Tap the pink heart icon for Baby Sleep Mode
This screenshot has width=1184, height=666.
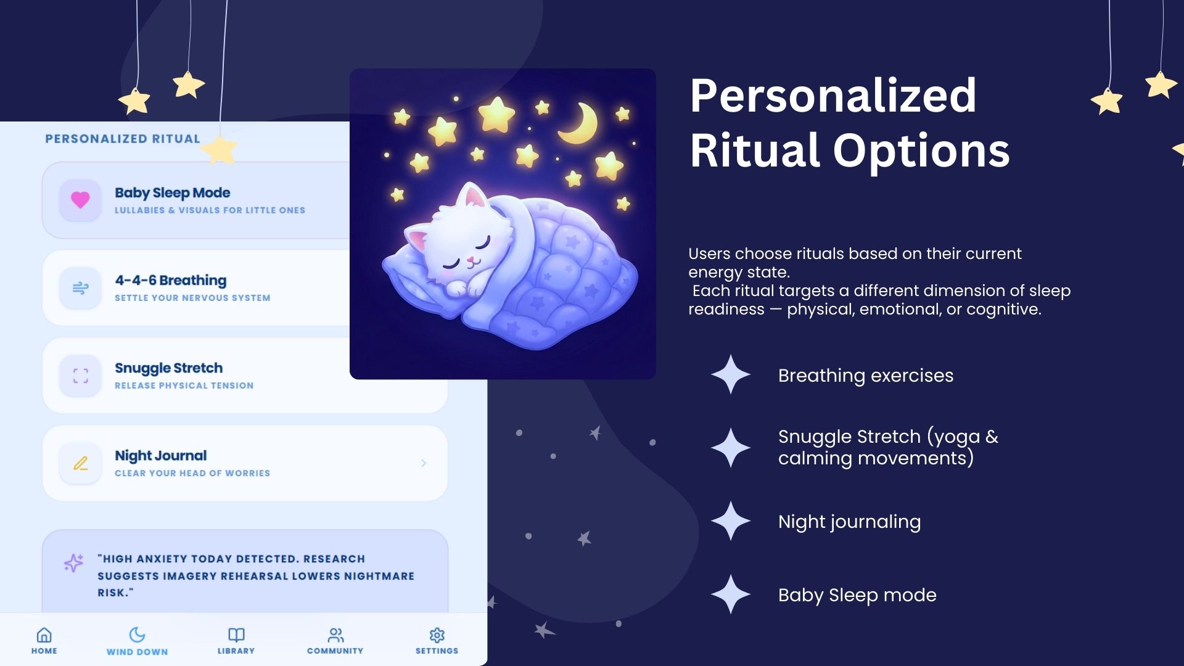coord(80,200)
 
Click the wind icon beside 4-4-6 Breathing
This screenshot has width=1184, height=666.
coord(80,288)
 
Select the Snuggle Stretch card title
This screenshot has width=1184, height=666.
coord(168,368)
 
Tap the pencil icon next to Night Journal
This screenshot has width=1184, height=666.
coord(81,463)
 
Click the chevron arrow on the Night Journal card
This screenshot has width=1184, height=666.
coord(424,463)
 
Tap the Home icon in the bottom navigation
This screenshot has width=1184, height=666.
coord(44,635)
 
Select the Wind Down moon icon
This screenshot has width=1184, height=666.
coord(137,635)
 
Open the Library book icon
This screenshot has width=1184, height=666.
coord(236,635)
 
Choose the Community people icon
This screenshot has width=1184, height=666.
coord(335,635)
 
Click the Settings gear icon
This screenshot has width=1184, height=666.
coord(437,635)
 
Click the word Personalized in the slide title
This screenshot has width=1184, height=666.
coord(833,97)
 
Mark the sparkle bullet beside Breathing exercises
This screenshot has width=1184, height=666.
coord(731,374)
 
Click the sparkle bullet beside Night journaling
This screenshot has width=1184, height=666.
coord(731,521)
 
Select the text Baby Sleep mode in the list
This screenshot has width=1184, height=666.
coord(857,595)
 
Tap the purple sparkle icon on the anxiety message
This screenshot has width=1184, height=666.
coord(73,562)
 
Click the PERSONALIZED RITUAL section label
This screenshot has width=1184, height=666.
coord(123,139)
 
